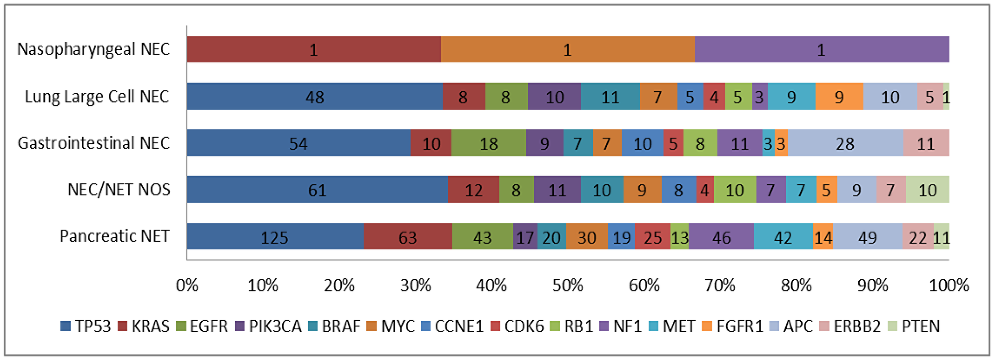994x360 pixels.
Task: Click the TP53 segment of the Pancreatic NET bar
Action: point(275,237)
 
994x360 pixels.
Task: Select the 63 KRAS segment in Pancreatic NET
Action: point(408,237)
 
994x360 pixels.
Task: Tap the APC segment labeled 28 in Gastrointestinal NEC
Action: point(845,143)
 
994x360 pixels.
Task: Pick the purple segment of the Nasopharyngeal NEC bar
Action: point(821,49)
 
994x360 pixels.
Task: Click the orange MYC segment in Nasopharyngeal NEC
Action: point(567,49)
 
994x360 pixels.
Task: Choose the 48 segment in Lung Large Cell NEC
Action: point(315,96)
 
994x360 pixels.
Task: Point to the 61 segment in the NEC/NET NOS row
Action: point(317,189)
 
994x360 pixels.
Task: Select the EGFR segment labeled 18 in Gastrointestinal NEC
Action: point(489,143)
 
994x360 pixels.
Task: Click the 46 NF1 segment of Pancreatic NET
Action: point(721,237)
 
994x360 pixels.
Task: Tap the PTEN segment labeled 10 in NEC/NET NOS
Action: point(927,189)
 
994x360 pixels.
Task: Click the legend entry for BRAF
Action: point(334,326)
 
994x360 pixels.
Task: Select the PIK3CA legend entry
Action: point(269,326)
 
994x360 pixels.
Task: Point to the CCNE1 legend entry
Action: point(452,326)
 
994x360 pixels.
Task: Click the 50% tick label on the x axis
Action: point(568,285)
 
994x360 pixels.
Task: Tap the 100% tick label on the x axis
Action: point(948,285)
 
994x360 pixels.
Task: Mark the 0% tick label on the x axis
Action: point(187,285)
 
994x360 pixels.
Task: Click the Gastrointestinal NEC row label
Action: point(94,143)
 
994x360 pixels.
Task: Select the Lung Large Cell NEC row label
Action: point(97,96)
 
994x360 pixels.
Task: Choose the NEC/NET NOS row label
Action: point(119,189)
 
